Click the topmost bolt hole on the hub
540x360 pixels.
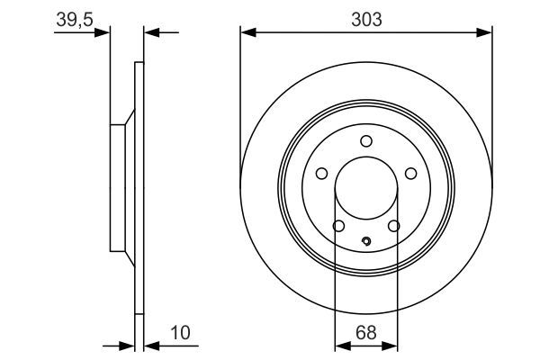click(366, 140)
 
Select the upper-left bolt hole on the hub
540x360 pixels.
click(321, 174)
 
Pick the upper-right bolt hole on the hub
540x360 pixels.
click(410, 174)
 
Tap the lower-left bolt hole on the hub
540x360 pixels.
click(338, 226)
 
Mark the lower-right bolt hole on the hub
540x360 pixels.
click(394, 226)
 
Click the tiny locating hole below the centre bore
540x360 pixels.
click(366, 240)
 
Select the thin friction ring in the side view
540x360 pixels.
click(139, 189)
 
